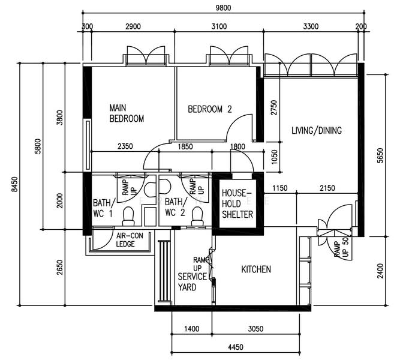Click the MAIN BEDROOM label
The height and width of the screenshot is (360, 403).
(x=127, y=113)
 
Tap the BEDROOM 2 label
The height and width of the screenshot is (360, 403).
(x=209, y=109)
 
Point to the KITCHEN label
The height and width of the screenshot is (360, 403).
(x=256, y=269)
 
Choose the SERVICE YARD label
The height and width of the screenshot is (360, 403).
(x=193, y=282)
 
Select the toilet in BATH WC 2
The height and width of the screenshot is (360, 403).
(x=196, y=217)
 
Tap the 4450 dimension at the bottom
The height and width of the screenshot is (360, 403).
(x=235, y=347)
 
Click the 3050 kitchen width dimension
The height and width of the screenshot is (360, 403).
(x=256, y=329)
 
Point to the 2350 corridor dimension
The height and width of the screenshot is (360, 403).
(x=125, y=146)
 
